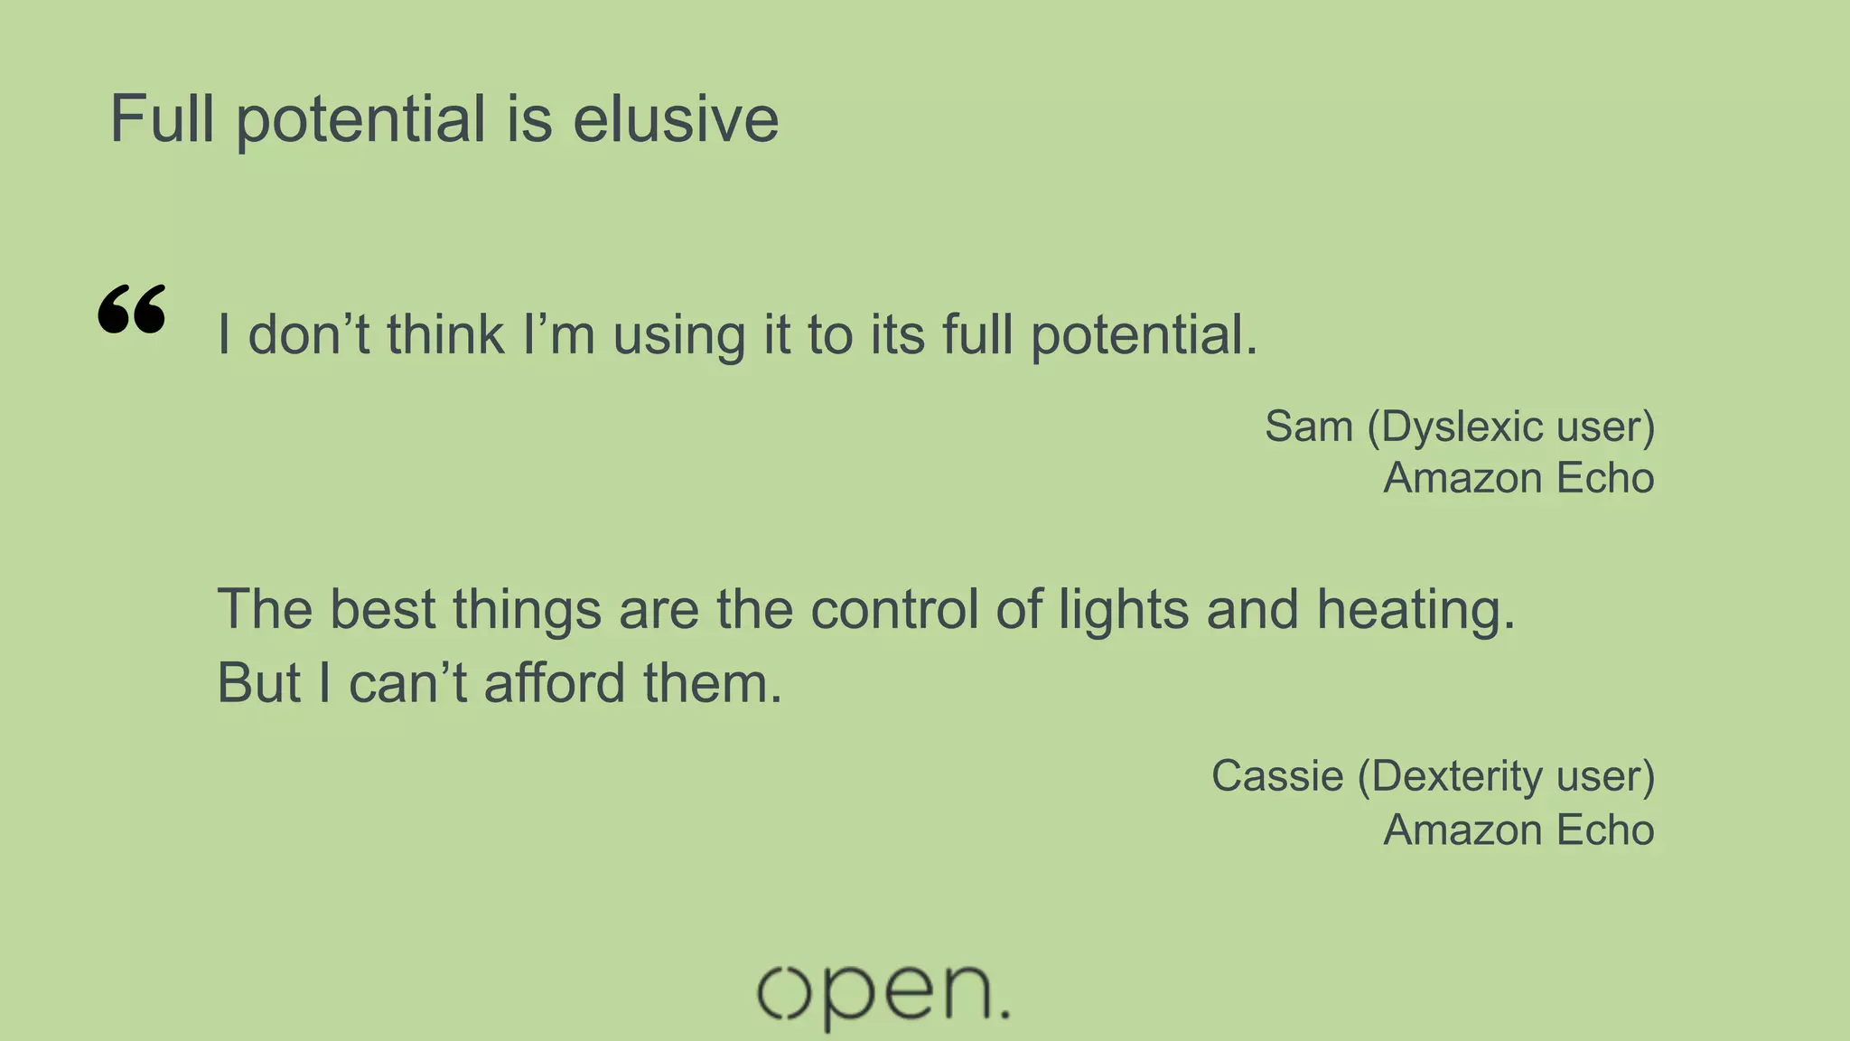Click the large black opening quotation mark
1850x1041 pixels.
pos(132,310)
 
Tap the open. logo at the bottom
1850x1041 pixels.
pos(883,995)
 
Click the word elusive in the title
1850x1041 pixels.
pos(676,119)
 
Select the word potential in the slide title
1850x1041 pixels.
pos(361,121)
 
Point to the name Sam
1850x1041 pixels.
pos(1308,427)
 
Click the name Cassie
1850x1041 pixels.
pos(1277,776)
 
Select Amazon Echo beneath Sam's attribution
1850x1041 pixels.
pos(1518,478)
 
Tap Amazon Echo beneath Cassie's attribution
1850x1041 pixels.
pos(1518,830)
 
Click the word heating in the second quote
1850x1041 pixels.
pos(1415,611)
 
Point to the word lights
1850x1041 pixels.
pos(1124,611)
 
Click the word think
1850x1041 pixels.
pos(445,334)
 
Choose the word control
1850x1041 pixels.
pos(894,609)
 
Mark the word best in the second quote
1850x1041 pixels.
pos(383,609)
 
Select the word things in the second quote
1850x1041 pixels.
pos(527,611)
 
